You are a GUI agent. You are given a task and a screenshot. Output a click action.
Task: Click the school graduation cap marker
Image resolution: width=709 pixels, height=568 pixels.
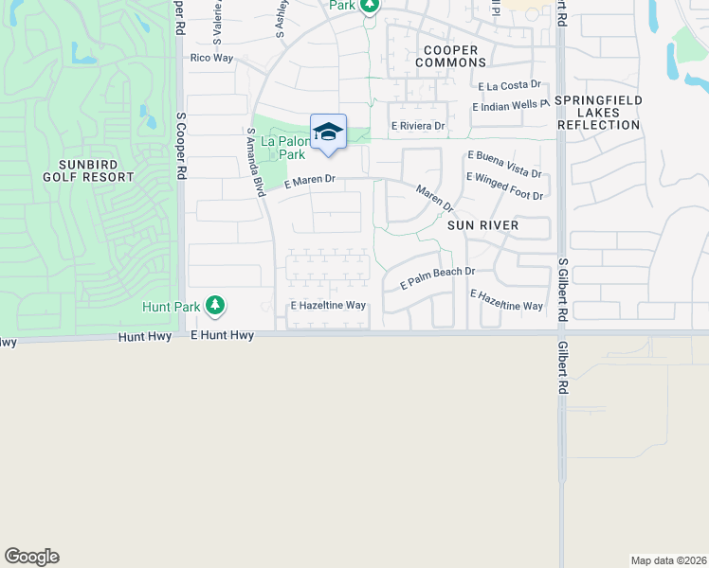pos(328,133)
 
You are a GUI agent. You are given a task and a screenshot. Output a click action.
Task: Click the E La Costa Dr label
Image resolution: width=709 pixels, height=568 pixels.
pos(510,86)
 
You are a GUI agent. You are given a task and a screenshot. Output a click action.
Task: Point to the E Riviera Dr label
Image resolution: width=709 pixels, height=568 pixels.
pos(418,126)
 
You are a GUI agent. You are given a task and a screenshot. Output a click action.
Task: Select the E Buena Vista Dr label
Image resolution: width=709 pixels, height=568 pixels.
pos(503,163)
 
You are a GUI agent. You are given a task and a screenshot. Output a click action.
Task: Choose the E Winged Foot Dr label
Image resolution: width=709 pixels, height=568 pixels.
pos(504,186)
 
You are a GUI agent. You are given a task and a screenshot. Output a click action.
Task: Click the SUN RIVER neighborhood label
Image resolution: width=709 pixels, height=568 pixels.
pos(483,225)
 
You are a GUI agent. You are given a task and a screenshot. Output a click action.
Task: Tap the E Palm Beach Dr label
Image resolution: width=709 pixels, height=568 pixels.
pos(436,277)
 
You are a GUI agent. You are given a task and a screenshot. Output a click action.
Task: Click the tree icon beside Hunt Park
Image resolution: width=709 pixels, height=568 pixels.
pos(216,305)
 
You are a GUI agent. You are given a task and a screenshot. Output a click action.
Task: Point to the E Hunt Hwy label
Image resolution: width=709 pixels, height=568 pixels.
pos(222,335)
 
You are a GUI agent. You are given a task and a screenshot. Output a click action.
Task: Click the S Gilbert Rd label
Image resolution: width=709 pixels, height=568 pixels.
pos(563,290)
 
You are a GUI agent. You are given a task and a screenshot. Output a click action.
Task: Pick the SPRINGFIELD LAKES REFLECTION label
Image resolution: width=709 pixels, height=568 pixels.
pos(599,113)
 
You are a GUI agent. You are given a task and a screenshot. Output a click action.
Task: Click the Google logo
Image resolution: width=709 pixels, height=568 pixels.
pos(31,557)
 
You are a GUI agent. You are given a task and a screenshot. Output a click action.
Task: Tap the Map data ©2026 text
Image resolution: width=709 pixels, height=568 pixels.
pos(668,560)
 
